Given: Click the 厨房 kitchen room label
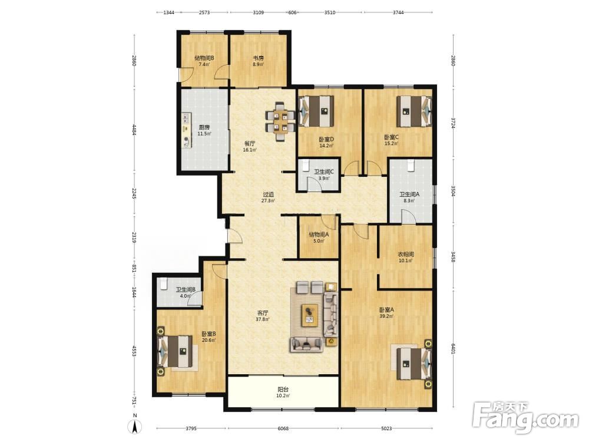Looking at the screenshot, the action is (204, 127).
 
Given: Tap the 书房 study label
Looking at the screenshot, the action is (258, 58).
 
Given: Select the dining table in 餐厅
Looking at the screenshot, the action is (280, 121).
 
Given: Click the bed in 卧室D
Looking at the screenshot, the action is (316, 111).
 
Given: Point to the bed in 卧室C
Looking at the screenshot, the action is (414, 111).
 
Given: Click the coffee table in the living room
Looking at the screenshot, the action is (310, 315).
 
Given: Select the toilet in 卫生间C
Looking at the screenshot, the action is (305, 166).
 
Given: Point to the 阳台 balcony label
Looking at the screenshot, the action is (283, 390).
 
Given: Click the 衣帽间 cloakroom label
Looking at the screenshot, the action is (406, 255).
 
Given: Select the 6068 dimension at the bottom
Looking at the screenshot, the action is (283, 428).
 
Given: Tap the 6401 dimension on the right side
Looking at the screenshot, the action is (453, 347).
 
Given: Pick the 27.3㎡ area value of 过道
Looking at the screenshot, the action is (268, 201).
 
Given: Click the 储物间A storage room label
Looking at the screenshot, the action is (319, 235).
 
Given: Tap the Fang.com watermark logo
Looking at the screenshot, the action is (525, 417).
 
